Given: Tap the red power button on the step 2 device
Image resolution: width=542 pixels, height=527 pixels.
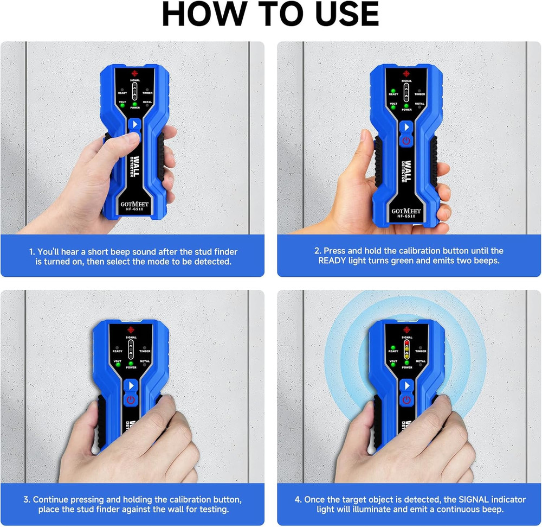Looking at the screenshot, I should tap(406, 141).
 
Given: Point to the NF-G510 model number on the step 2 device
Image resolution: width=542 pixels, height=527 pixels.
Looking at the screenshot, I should tap(406, 216).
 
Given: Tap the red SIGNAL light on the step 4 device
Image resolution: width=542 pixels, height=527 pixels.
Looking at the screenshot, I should tap(406, 343).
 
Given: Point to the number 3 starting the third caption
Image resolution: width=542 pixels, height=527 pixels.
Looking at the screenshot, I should tap(25, 499).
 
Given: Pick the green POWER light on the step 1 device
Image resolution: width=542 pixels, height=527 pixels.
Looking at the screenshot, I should tap(134, 103).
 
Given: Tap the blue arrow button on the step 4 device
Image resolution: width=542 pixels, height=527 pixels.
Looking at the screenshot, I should tap(406, 385).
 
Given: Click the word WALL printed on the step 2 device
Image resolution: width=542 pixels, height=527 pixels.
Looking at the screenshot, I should tap(408, 172).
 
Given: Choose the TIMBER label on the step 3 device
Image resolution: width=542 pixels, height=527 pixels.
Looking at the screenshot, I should tap(145, 351).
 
